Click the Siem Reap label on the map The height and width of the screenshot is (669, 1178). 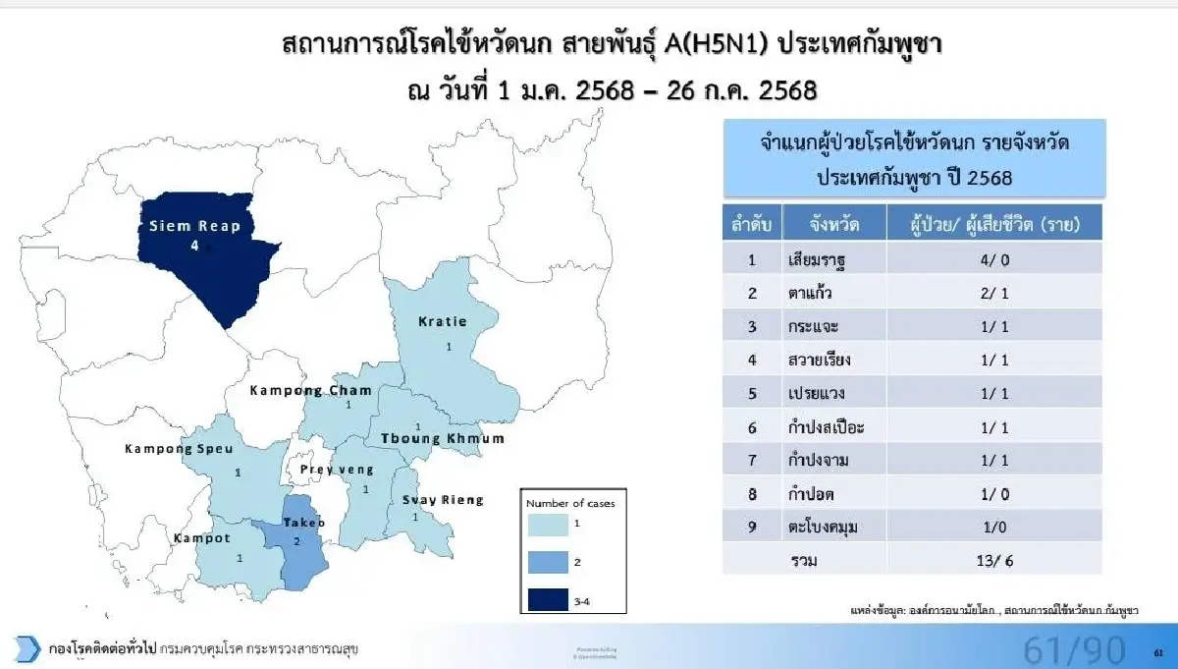click(x=194, y=226)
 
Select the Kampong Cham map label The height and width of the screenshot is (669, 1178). click(x=310, y=390)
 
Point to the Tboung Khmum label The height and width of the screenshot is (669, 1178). click(x=436, y=438)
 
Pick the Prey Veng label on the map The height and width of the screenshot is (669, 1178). click(x=337, y=470)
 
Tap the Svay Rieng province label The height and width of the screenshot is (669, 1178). click(x=443, y=500)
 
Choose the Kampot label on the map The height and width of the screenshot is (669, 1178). click(x=202, y=538)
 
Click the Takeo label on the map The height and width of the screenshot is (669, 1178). click(x=305, y=523)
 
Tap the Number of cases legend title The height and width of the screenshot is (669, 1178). click(x=568, y=502)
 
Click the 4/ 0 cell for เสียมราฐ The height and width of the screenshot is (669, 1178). click(x=994, y=260)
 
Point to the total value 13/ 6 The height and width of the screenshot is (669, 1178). click(x=994, y=560)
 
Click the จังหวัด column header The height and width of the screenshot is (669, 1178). click(x=835, y=225)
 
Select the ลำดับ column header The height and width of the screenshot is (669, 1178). click(x=751, y=225)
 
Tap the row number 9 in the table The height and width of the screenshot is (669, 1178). click(x=751, y=527)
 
